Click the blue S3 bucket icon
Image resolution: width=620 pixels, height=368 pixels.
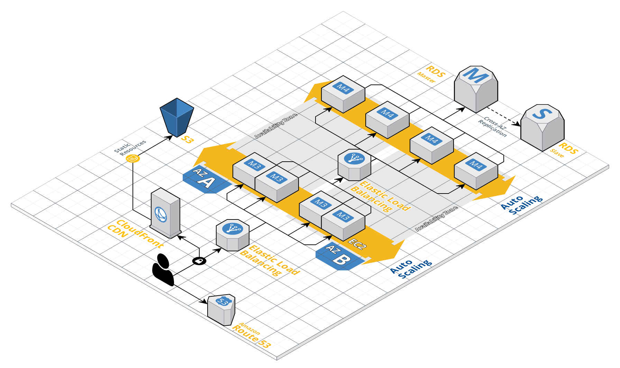(x=177, y=117)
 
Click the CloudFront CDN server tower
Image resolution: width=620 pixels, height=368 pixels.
(x=165, y=213)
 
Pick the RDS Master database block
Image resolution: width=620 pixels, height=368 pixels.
(x=476, y=89)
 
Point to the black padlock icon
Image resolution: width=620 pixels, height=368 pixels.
(x=199, y=261)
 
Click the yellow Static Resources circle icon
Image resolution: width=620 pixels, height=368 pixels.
(x=133, y=159)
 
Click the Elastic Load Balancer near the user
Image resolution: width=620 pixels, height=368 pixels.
(x=232, y=235)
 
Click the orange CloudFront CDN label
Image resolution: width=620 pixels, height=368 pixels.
(x=135, y=233)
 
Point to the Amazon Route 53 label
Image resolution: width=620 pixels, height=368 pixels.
(x=251, y=334)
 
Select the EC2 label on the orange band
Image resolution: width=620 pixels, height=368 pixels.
(x=357, y=244)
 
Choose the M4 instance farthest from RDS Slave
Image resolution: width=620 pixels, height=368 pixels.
(x=343, y=93)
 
